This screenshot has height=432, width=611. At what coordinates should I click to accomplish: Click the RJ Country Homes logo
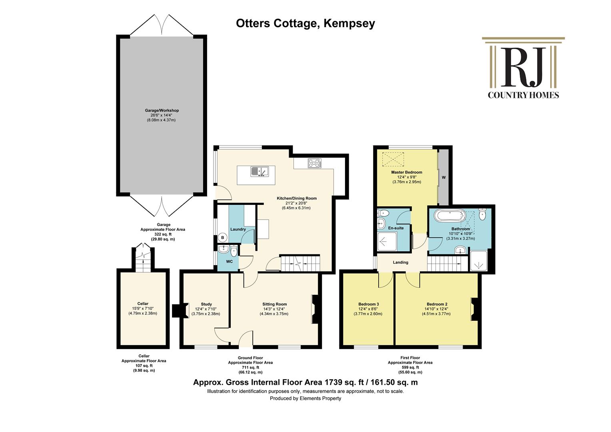[523, 68]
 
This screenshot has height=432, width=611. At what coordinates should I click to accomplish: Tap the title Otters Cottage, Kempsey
[305, 24]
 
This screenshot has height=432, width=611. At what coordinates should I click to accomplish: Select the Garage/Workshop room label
[162, 110]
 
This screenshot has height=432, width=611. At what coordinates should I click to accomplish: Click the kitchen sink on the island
[260, 171]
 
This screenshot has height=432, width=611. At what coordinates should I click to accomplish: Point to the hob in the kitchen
[315, 163]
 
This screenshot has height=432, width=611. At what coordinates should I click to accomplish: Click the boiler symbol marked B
[223, 238]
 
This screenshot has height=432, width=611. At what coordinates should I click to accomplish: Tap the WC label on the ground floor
[230, 262]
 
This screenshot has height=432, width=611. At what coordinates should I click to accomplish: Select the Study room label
[206, 304]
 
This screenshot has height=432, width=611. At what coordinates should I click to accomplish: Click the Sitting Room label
[274, 304]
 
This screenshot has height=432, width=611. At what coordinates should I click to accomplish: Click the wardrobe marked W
[443, 177]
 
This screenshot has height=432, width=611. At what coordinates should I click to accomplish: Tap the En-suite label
[396, 228]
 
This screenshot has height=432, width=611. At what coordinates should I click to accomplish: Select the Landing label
[400, 262]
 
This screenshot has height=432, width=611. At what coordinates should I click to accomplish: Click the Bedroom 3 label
[368, 304]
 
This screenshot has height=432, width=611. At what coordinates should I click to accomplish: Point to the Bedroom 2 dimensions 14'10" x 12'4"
[436, 309]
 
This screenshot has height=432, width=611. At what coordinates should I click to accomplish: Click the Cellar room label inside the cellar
[143, 304]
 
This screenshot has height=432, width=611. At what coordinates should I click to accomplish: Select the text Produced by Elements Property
[305, 398]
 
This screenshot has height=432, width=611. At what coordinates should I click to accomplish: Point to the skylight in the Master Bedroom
[393, 159]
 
